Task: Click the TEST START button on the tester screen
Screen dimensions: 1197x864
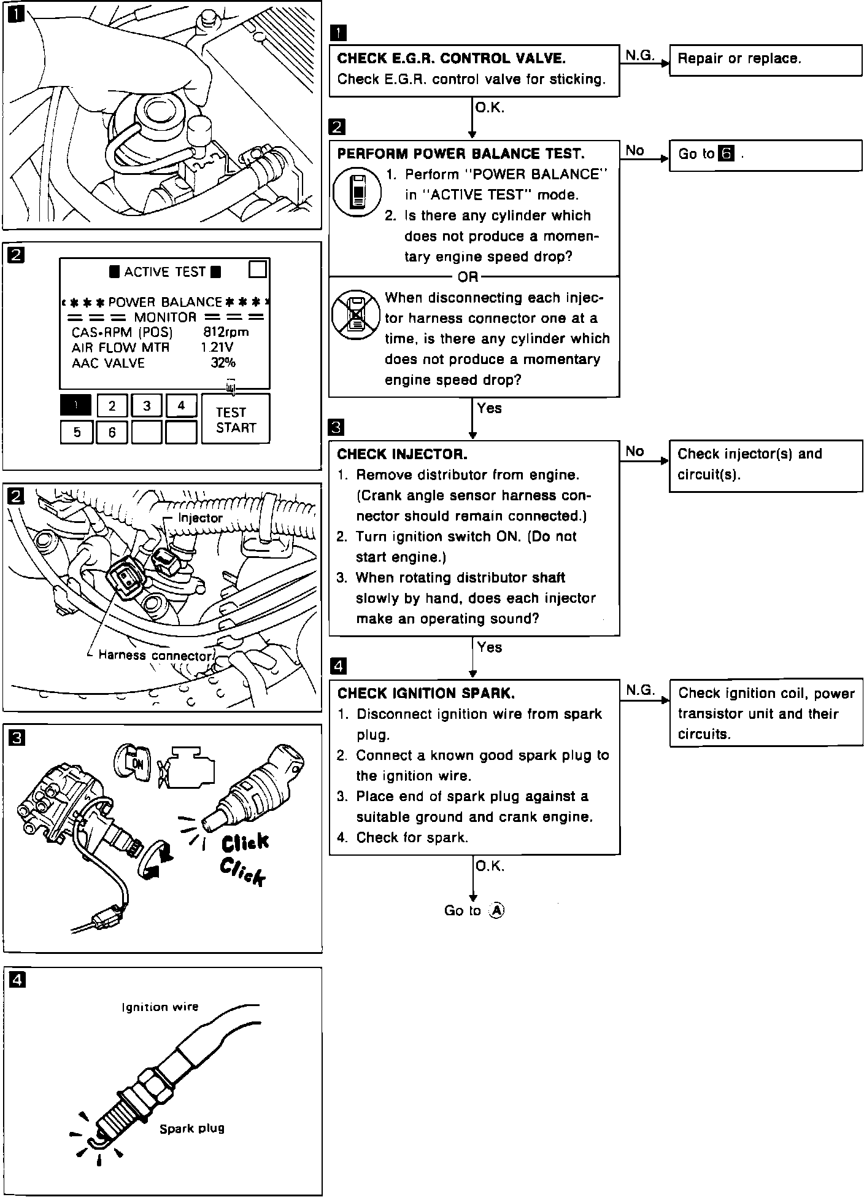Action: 236,419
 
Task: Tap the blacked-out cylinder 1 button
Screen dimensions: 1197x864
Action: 75,405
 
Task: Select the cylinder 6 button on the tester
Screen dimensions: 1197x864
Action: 112,432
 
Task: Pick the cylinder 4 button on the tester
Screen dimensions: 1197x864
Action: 181,405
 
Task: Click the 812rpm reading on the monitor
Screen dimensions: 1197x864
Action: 226,332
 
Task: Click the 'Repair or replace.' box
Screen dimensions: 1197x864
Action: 765,60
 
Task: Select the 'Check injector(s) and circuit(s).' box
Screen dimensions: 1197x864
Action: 765,465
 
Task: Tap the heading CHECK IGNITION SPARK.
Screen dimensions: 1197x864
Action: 426,693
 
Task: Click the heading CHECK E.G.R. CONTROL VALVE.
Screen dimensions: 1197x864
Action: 451,58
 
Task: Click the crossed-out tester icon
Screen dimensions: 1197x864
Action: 356,314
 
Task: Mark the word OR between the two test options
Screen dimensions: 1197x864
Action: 468,277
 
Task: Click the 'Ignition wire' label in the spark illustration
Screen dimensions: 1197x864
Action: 160,1007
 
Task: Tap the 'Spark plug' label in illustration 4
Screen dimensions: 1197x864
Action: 191,1128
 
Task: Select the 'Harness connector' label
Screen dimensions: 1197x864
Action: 154,656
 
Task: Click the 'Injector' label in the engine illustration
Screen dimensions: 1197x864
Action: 200,518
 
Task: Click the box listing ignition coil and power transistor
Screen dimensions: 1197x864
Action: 765,713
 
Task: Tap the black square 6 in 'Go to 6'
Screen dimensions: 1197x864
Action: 726,153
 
